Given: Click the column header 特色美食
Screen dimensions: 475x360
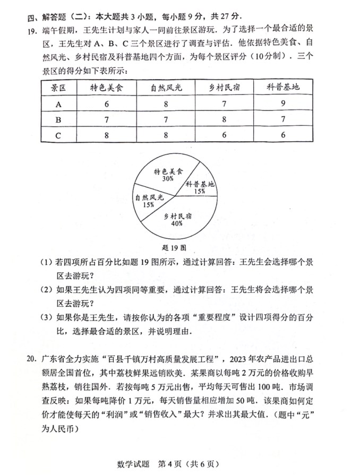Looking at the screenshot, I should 106,87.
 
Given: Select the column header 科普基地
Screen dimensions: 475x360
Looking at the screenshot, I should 284,87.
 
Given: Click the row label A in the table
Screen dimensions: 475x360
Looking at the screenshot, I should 58,104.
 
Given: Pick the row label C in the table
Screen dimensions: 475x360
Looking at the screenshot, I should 58,135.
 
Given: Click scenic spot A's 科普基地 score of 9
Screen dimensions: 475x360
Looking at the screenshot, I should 284,104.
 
